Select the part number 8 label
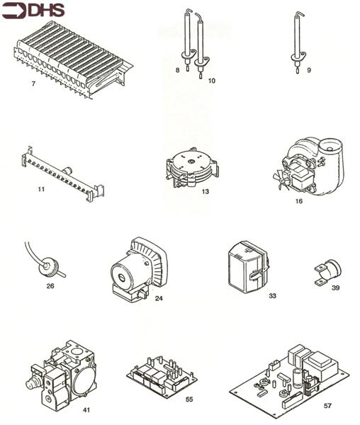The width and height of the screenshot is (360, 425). click(178, 70)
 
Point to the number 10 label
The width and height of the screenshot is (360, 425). click(211, 81)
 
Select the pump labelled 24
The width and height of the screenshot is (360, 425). click(137, 270)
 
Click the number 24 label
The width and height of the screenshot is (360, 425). click(159, 298)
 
